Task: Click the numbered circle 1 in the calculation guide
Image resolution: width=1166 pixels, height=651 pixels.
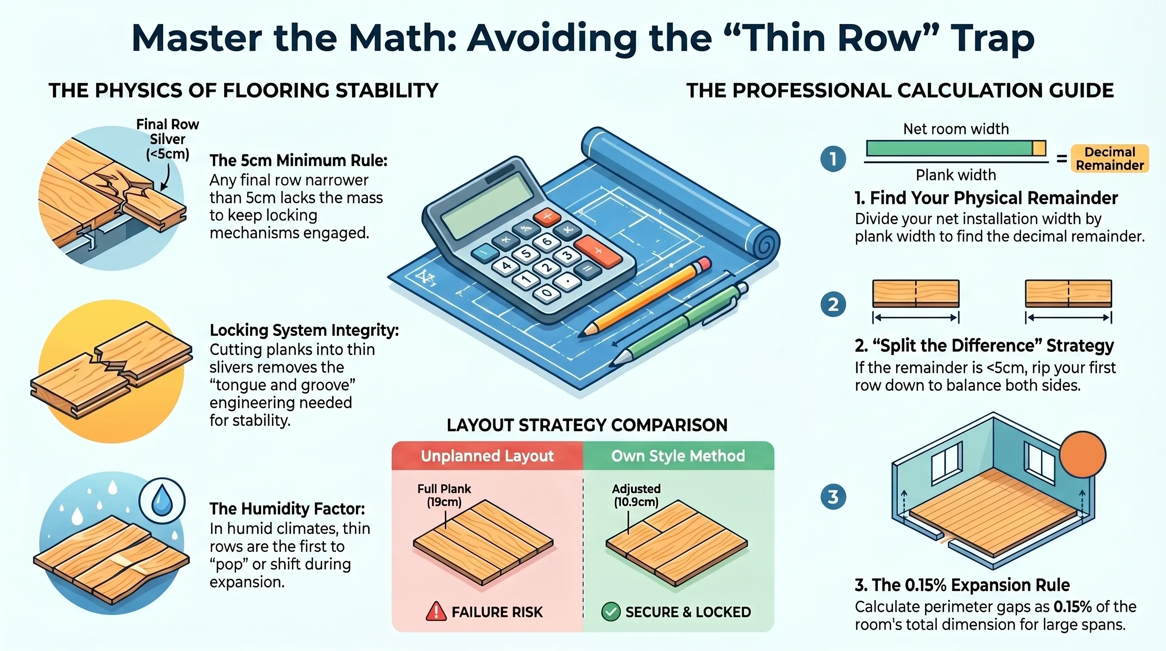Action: click(x=833, y=159)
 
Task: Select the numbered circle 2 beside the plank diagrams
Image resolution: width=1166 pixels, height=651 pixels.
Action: click(x=833, y=304)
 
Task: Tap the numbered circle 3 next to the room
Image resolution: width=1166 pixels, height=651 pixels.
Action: click(x=833, y=497)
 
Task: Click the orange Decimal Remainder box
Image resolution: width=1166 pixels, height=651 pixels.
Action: click(x=1109, y=159)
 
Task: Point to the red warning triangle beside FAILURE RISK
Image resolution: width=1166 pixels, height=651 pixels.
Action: click(x=436, y=611)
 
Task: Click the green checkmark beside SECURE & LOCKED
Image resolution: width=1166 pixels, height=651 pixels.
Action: click(x=611, y=612)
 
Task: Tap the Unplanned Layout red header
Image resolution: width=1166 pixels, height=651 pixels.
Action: click(x=488, y=456)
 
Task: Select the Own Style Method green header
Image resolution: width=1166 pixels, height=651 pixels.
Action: click(x=678, y=456)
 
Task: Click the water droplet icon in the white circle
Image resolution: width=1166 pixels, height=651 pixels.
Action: click(x=161, y=502)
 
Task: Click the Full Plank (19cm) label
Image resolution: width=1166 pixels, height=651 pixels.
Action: click(x=444, y=495)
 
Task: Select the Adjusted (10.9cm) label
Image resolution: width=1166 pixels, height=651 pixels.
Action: click(x=636, y=495)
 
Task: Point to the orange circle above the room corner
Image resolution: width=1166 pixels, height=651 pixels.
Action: click(x=1082, y=454)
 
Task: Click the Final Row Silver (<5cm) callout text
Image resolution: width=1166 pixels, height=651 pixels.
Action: click(x=167, y=139)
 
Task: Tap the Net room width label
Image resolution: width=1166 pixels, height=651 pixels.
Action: click(x=956, y=129)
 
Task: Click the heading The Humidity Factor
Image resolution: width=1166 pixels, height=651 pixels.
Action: click(x=287, y=509)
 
